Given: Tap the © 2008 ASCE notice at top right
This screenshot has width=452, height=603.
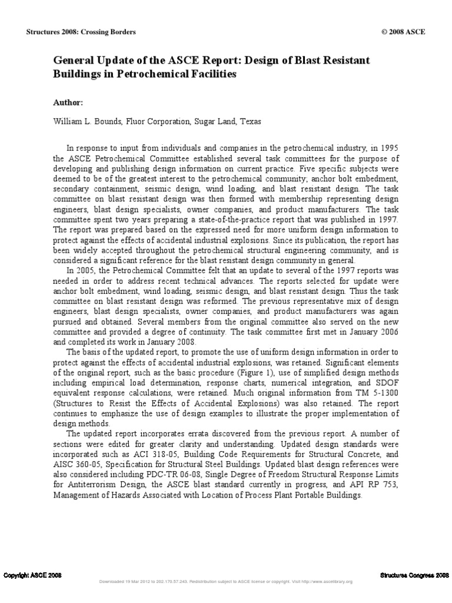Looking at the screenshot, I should [403, 32].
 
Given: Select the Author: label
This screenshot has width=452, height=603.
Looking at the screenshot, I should [68, 102].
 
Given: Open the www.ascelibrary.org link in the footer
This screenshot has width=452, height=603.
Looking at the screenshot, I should [328, 582].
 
